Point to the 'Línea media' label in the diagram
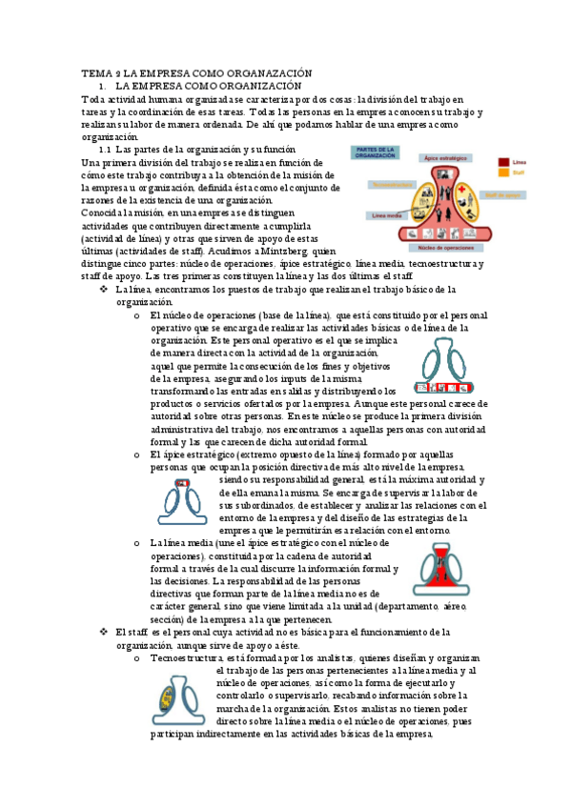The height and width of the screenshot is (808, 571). [386, 215]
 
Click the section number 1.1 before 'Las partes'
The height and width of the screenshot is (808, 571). [106, 151]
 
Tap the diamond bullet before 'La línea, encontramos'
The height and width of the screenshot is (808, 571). [104, 289]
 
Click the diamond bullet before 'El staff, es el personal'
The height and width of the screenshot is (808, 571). [104, 632]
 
